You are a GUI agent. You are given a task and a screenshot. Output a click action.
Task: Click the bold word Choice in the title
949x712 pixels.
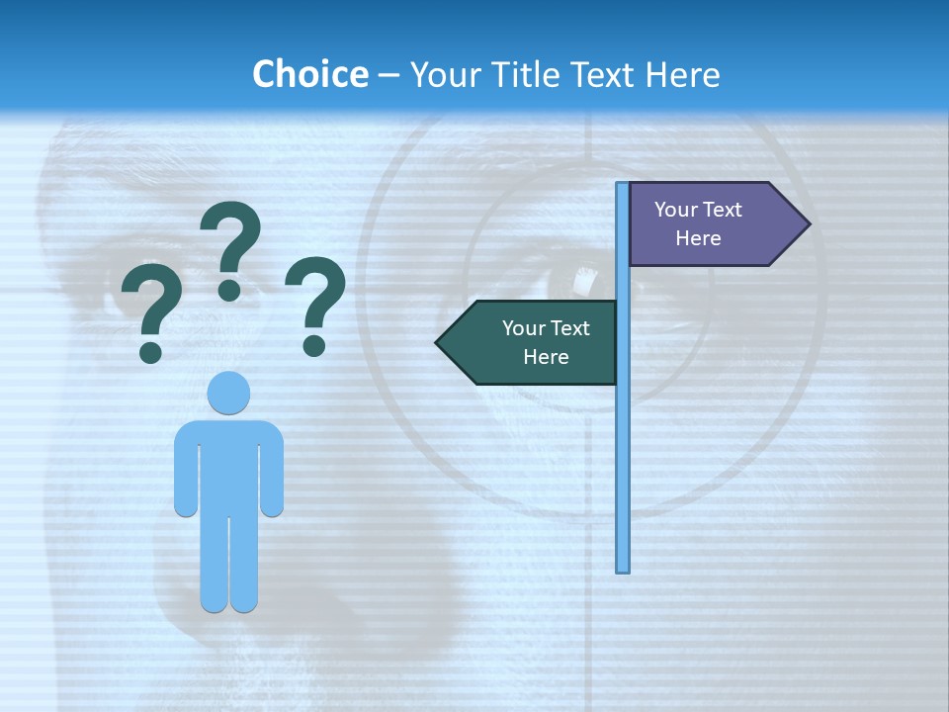(309, 74)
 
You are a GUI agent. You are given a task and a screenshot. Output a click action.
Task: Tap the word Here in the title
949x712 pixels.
(683, 74)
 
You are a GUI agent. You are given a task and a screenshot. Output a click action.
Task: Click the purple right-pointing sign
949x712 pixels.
(707, 224)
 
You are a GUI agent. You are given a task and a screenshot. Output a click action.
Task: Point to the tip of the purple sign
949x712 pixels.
(808, 224)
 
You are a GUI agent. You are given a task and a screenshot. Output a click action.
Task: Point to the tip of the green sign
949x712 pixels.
(439, 343)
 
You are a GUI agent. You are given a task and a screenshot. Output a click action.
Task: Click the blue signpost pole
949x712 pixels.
(622, 445)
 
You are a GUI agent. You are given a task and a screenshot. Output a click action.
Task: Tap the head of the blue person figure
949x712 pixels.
(228, 393)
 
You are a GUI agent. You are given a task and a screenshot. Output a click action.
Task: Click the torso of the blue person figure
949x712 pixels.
(228, 465)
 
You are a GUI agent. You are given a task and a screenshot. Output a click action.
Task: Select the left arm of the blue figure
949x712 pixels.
(185, 475)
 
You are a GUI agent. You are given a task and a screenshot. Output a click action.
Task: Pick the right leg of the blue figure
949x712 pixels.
(244, 564)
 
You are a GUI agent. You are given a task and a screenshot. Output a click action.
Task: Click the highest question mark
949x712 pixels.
(231, 237)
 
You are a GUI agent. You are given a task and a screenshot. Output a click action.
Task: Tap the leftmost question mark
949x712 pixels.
(151, 302)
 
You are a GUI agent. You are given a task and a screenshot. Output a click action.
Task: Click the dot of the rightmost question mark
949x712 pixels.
(314, 345)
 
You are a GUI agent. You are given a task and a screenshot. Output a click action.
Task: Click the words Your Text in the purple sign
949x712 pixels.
(698, 210)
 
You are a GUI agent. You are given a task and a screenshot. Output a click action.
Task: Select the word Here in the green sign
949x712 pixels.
(546, 357)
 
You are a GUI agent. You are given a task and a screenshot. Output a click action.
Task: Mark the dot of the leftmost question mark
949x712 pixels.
(150, 352)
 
